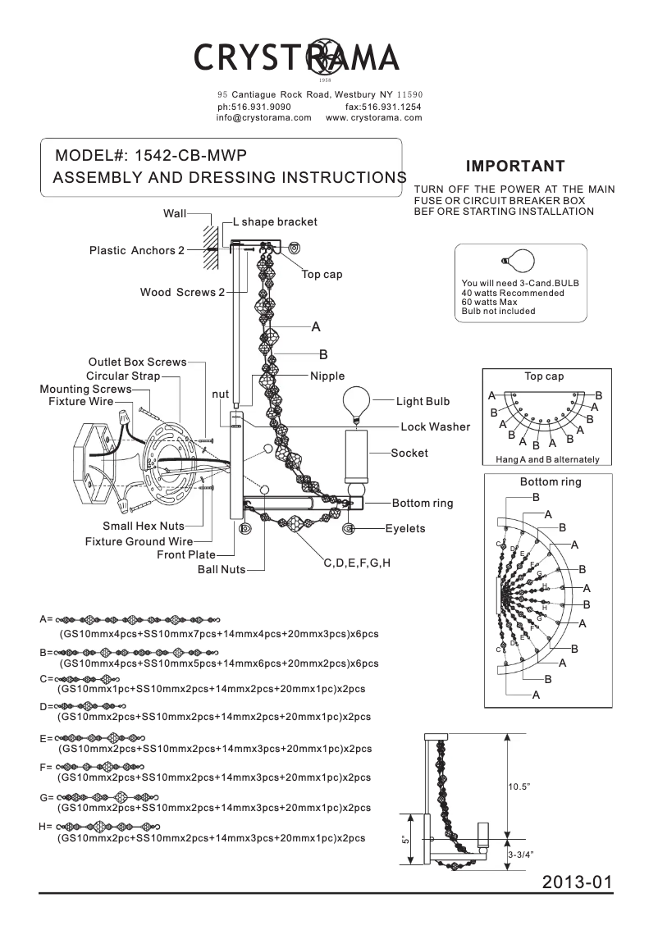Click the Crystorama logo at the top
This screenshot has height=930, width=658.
[x=297, y=57]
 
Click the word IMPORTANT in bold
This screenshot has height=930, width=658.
[x=515, y=166]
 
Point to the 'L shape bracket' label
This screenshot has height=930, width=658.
[x=275, y=221]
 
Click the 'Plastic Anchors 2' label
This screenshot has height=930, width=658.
[x=137, y=250]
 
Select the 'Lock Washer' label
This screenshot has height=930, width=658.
[x=436, y=426]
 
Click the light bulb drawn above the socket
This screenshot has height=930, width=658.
[x=356, y=402]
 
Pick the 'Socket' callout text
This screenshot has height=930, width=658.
[x=409, y=453]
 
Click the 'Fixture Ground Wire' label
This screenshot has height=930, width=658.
[x=139, y=541]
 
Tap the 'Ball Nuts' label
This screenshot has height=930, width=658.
[x=221, y=569]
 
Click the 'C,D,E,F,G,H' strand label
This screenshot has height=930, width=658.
[x=357, y=563]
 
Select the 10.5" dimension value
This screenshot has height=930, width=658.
[x=519, y=786]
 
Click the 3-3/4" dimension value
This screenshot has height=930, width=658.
[x=521, y=855]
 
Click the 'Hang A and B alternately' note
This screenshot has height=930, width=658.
[x=547, y=459]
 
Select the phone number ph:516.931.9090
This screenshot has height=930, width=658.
[x=254, y=107]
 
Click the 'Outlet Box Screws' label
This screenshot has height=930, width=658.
[x=137, y=362]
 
